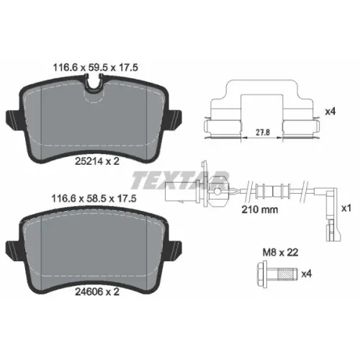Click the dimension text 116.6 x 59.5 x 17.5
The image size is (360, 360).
point(95,68)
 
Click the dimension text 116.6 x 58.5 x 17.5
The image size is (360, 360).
point(94,198)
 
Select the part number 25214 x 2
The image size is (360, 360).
point(97,161)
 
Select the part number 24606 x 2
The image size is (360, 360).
point(97,292)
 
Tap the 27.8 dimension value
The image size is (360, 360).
point(263,132)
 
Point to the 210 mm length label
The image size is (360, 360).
point(260,210)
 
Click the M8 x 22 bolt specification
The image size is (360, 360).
point(281,252)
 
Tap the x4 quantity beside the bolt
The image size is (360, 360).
point(306,274)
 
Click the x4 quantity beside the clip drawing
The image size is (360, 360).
point(330,112)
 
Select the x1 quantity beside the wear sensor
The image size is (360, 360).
point(346,208)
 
